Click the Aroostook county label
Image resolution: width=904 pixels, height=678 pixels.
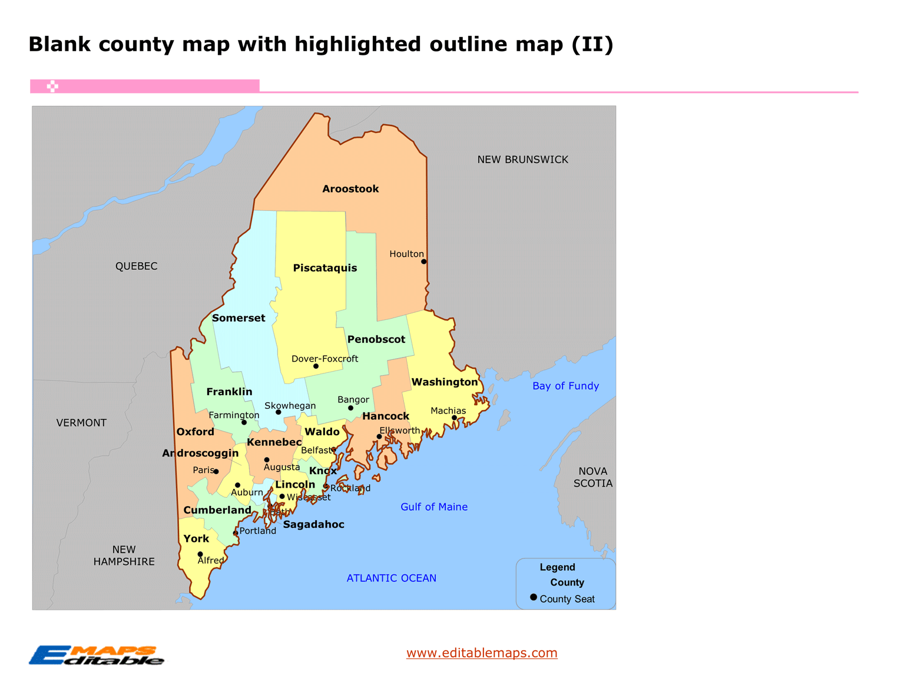(x=350, y=189)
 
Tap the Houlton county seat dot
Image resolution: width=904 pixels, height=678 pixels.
(x=423, y=262)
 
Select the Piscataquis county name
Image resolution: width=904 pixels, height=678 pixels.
(x=325, y=268)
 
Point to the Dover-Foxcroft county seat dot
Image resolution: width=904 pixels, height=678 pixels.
(x=316, y=366)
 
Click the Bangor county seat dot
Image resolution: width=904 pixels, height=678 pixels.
(x=350, y=408)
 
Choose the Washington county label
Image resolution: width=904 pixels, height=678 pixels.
(x=445, y=382)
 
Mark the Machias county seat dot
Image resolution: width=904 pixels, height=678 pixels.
(x=454, y=418)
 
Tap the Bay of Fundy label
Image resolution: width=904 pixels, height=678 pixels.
(x=565, y=386)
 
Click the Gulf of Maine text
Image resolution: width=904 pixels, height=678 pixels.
(x=434, y=507)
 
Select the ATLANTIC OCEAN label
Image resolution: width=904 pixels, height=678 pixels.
(x=391, y=578)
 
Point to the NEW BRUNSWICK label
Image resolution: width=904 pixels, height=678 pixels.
(x=522, y=160)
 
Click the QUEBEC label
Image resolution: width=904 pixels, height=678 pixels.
(x=136, y=266)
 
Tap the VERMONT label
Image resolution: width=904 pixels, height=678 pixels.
(x=81, y=423)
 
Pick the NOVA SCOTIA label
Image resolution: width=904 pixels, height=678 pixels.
(x=593, y=477)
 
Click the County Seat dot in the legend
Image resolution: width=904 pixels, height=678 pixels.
(x=534, y=597)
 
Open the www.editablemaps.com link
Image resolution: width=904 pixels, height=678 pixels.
(x=482, y=653)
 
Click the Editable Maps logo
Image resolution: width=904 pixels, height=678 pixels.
(x=96, y=656)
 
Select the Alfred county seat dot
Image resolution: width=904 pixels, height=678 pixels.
(x=200, y=554)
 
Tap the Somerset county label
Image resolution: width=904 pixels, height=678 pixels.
(x=239, y=318)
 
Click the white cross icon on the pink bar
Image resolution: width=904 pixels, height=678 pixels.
(x=52, y=87)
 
